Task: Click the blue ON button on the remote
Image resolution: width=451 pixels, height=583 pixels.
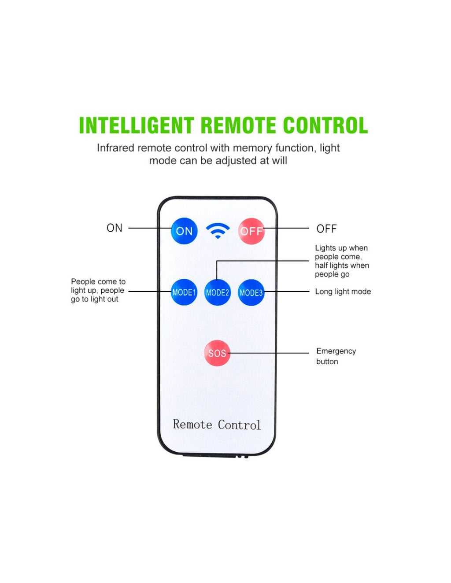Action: [184, 231]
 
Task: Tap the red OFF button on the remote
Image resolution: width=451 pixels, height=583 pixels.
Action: [251, 231]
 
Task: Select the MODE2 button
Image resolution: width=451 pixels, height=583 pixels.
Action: [218, 292]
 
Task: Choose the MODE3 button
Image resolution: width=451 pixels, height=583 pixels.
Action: [251, 292]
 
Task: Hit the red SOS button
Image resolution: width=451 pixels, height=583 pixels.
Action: [217, 353]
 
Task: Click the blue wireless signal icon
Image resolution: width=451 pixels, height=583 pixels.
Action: [218, 230]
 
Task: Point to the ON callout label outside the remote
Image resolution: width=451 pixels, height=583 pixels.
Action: [115, 228]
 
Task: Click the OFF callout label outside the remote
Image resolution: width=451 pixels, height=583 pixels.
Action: [326, 229]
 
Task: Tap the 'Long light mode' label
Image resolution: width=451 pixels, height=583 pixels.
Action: [343, 291]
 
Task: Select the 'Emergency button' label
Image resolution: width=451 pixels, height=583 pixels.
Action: [336, 356]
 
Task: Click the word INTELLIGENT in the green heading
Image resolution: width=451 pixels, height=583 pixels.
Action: [136, 125]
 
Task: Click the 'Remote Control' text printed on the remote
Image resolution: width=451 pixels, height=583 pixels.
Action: [217, 424]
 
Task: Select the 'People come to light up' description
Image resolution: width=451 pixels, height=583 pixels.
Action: [98, 290]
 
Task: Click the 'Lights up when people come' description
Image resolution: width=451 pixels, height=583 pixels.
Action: [341, 261]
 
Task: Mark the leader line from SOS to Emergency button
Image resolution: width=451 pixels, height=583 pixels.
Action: [269, 353]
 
